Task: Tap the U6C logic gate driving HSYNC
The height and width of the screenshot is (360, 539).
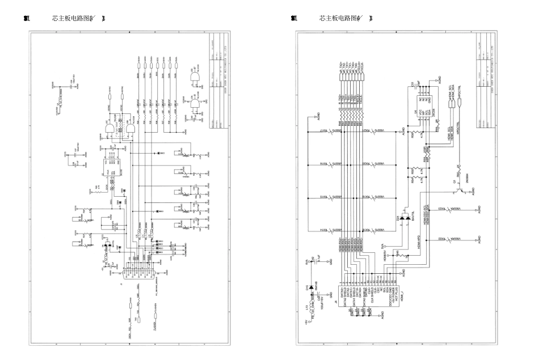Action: click(x=130, y=131)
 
